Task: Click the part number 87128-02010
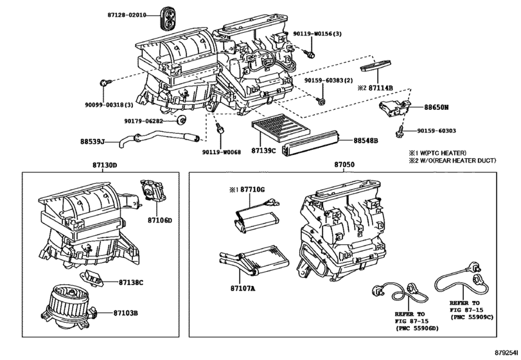tap(127, 15)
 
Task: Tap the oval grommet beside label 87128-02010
tap(168, 18)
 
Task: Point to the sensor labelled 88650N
tap(394, 108)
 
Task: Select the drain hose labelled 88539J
tap(159, 139)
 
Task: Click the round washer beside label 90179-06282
tap(181, 120)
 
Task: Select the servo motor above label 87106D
tap(153, 190)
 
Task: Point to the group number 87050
tap(344, 165)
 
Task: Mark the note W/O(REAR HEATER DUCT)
tap(457, 161)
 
